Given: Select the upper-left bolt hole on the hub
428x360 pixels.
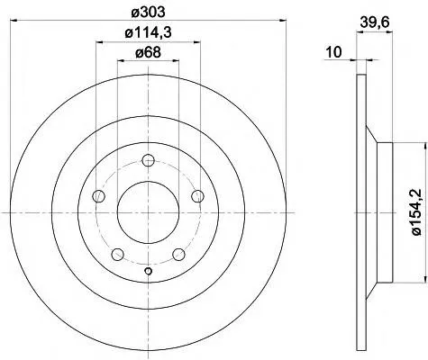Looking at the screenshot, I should (99, 197).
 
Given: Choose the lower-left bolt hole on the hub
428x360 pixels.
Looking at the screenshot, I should (117, 255).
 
